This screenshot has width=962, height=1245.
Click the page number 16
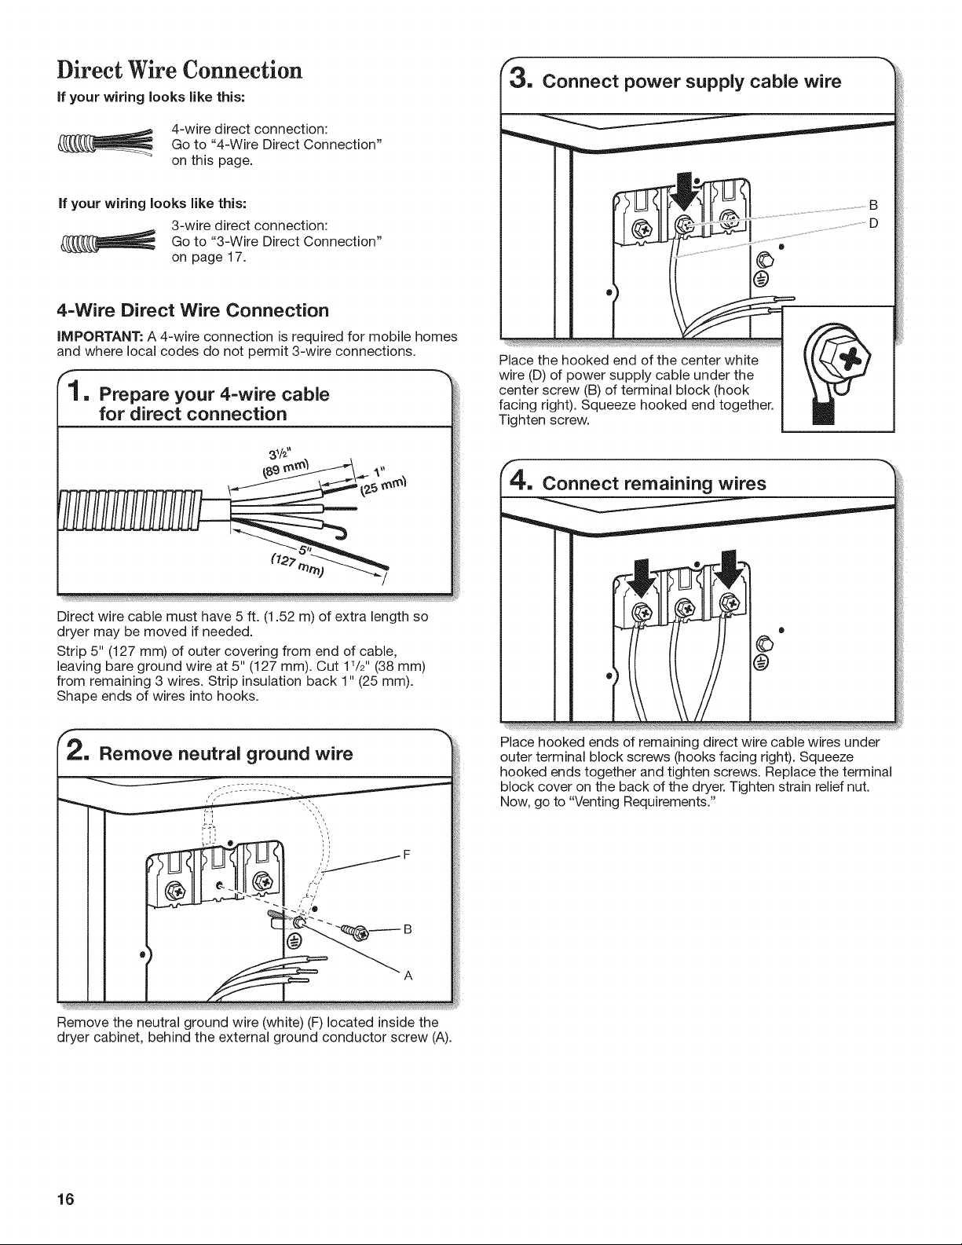[x=66, y=1199]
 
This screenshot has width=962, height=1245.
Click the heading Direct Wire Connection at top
[x=179, y=71]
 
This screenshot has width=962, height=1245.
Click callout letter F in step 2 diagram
[x=407, y=855]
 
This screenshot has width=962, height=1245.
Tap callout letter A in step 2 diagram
[x=408, y=976]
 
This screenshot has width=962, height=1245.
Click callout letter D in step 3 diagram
[x=873, y=223]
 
